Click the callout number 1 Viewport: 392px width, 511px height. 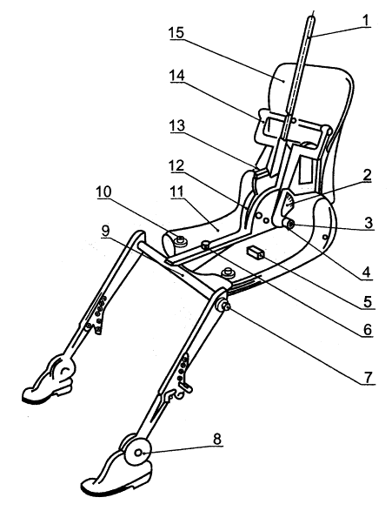pos(366,20)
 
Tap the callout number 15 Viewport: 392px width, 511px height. pos(176,33)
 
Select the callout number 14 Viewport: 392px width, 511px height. pos(177,76)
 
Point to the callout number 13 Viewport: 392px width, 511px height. pos(177,126)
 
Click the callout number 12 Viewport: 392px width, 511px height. pos(176,166)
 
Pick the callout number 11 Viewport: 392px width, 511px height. pos(177,192)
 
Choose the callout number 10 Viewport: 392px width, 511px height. pos(103,192)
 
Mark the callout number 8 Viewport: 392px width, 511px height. pos(217,439)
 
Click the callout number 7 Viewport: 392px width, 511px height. pos(368,378)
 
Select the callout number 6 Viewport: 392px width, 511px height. pos(367,330)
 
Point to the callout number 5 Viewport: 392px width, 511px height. pos(368,302)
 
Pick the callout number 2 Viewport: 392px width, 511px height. pos(367,175)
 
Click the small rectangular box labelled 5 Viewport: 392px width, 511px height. pos(255,253)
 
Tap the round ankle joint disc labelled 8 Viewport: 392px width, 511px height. pos(138,453)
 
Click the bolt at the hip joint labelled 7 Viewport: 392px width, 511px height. pos(223,306)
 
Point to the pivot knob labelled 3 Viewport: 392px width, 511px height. pos(289,225)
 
